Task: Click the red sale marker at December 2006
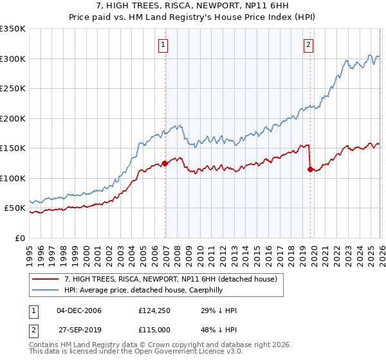tap(165, 163)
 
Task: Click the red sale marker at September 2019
tap(310, 170)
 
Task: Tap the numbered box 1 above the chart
tap(163, 44)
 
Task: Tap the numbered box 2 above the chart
tap(309, 44)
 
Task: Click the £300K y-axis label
tap(13, 59)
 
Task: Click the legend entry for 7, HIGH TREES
tap(170, 279)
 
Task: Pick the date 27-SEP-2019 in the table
tap(79, 330)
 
